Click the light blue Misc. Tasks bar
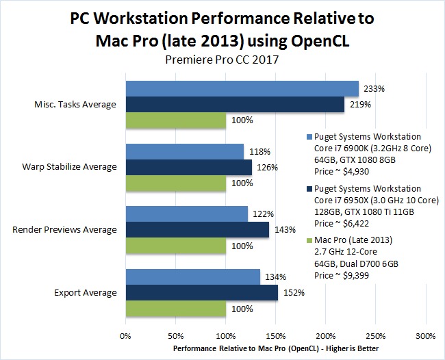click(242, 88)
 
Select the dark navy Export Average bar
click(201, 293)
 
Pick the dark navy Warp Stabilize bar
click(188, 168)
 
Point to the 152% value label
click(291, 293)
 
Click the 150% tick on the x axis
click(275, 336)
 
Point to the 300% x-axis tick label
click(425, 336)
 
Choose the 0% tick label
click(125, 336)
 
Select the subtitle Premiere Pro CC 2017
click(222, 60)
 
